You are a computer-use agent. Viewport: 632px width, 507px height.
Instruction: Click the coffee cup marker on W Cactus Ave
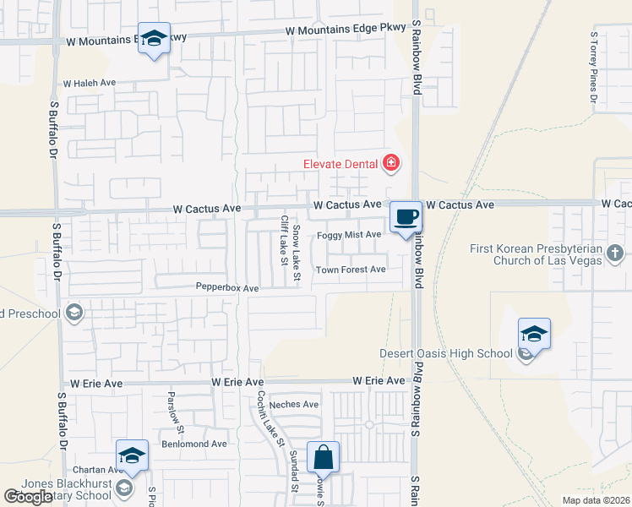click(x=406, y=216)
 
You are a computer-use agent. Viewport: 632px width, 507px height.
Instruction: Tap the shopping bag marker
click(x=323, y=458)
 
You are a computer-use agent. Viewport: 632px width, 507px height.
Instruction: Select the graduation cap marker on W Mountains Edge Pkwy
click(x=155, y=39)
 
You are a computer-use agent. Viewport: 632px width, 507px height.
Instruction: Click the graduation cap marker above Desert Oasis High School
click(x=534, y=334)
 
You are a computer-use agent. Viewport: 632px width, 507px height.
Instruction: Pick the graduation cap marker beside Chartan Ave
click(x=133, y=456)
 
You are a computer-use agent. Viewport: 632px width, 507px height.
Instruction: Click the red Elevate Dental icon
click(x=391, y=163)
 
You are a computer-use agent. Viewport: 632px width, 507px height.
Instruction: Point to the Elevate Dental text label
click(x=341, y=164)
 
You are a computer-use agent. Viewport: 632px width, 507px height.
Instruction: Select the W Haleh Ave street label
click(x=89, y=84)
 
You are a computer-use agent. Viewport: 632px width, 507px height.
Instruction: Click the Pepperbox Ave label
click(x=227, y=288)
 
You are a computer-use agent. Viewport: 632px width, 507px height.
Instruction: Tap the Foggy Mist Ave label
click(x=350, y=234)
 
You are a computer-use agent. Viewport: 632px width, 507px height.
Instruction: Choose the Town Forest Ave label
click(x=351, y=270)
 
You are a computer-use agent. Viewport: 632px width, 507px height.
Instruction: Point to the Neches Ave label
click(x=295, y=405)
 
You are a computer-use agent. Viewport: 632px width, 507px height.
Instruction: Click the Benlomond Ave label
click(x=195, y=444)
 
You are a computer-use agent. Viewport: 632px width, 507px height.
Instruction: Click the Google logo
click(x=28, y=497)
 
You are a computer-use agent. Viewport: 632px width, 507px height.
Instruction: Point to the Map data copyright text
click(x=596, y=500)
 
